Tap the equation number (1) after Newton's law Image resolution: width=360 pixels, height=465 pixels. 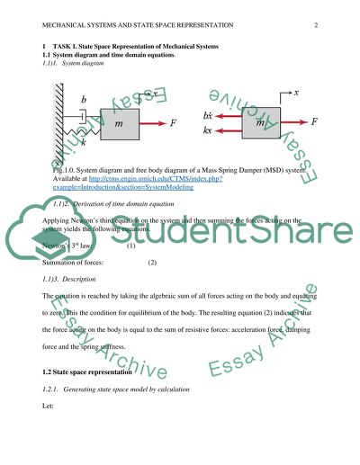click(x=130, y=246)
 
